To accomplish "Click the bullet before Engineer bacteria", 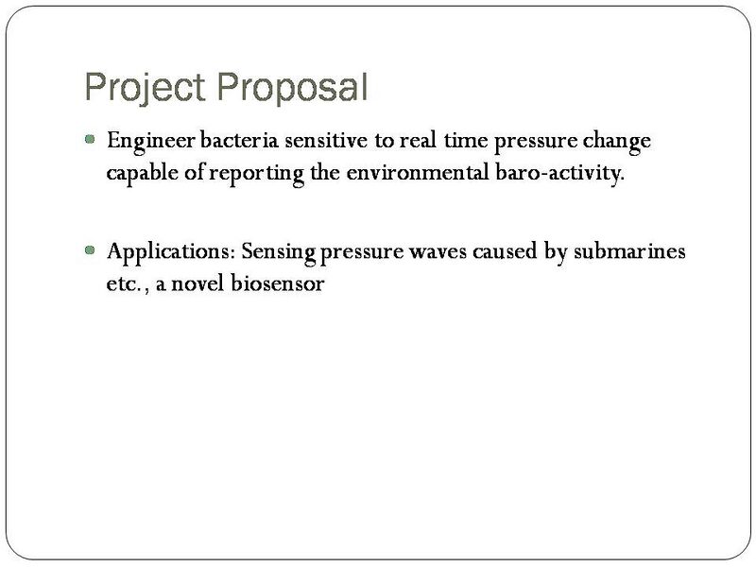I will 90,139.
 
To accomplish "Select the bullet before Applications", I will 90,251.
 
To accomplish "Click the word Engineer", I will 147,141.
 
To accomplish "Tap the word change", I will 619,141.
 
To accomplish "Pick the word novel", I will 195,283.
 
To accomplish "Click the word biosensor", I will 278,283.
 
